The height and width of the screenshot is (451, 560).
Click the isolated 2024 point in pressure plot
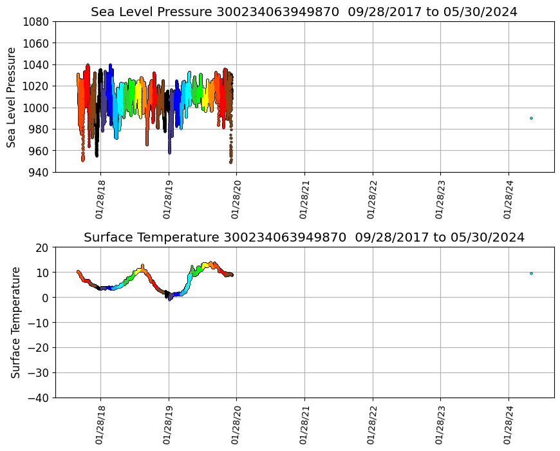coord(531,118)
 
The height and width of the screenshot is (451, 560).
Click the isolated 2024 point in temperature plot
coord(531,273)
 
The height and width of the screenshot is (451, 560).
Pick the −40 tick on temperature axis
coord(39,398)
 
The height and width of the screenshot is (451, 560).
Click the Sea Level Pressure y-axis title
coord(12,97)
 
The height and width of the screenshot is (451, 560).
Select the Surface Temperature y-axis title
coord(15,322)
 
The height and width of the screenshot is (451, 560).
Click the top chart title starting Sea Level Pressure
coord(304,12)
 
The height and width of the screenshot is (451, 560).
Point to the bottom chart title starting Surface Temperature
coord(304,237)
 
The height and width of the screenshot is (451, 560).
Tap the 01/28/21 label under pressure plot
coord(304,200)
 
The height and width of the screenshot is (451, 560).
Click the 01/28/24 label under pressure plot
coord(509,200)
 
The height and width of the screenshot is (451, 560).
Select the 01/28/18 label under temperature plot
coord(100,425)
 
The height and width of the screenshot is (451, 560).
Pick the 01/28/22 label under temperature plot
coord(373,425)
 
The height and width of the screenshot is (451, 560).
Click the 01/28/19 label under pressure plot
coord(169,200)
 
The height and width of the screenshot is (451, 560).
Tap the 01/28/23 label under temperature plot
coord(440,425)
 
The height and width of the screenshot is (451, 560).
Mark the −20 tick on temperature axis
coord(39,347)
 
